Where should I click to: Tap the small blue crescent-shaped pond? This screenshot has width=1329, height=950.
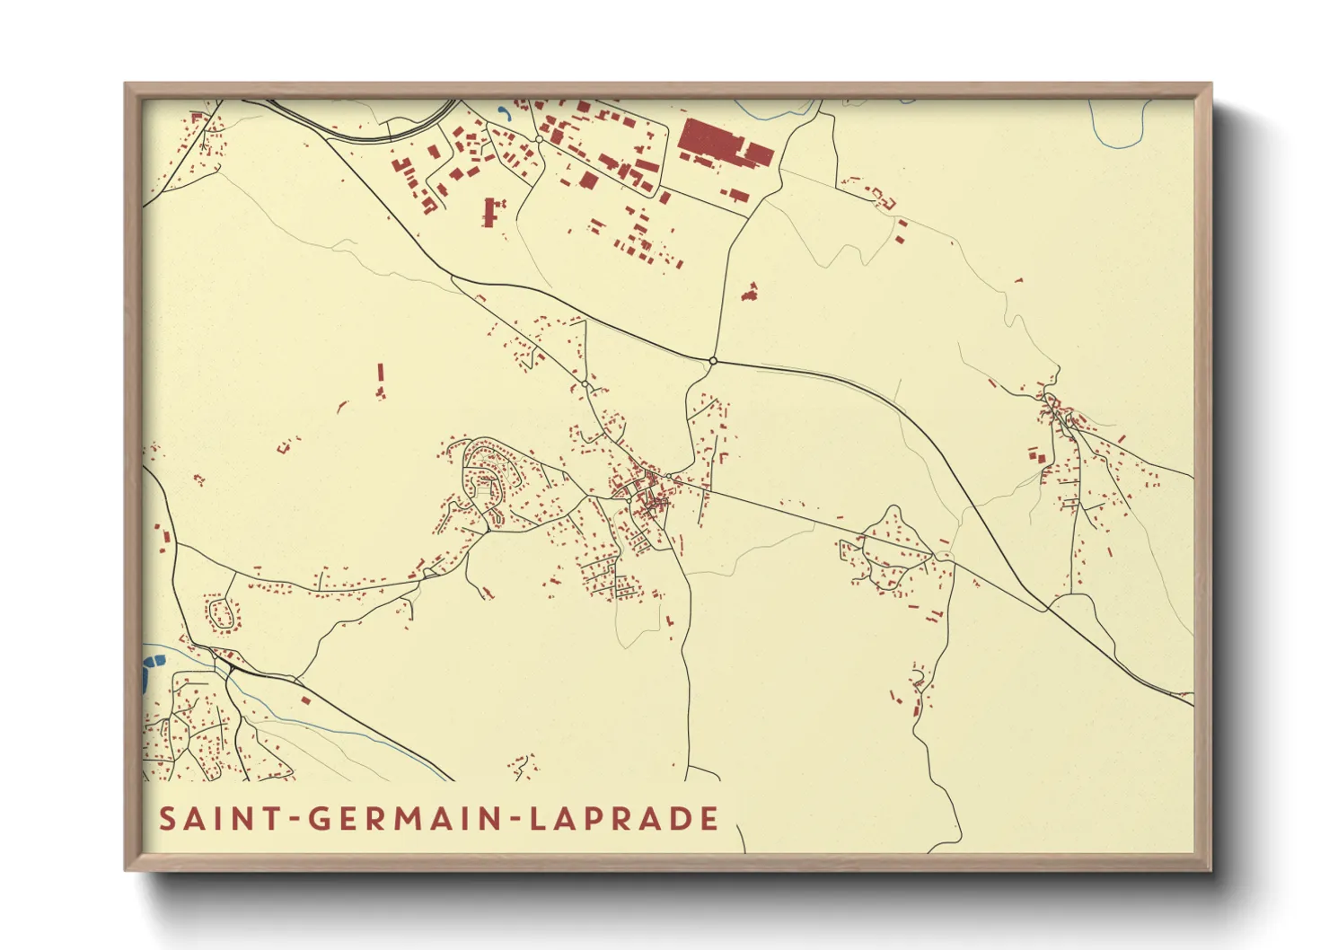(x=504, y=114)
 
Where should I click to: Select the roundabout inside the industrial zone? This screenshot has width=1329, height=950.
(x=538, y=139)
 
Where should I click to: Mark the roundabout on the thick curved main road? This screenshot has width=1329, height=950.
(x=713, y=361)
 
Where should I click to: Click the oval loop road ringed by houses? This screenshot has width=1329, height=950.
(x=222, y=613)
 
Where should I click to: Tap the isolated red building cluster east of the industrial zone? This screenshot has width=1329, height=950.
(x=750, y=292)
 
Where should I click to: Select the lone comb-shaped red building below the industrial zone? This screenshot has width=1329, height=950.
(x=489, y=212)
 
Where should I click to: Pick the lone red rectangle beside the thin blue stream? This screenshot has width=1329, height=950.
(x=305, y=700)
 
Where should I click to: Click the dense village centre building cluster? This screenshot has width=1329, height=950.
(x=645, y=492)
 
